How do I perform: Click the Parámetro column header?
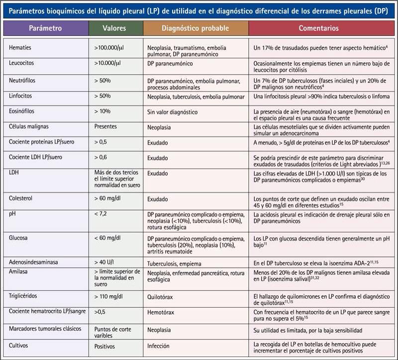45,28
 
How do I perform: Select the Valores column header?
115,28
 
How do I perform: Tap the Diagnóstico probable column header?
196,28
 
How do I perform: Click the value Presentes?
106,126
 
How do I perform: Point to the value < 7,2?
101,213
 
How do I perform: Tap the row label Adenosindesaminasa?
35,261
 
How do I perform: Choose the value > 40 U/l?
105,261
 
